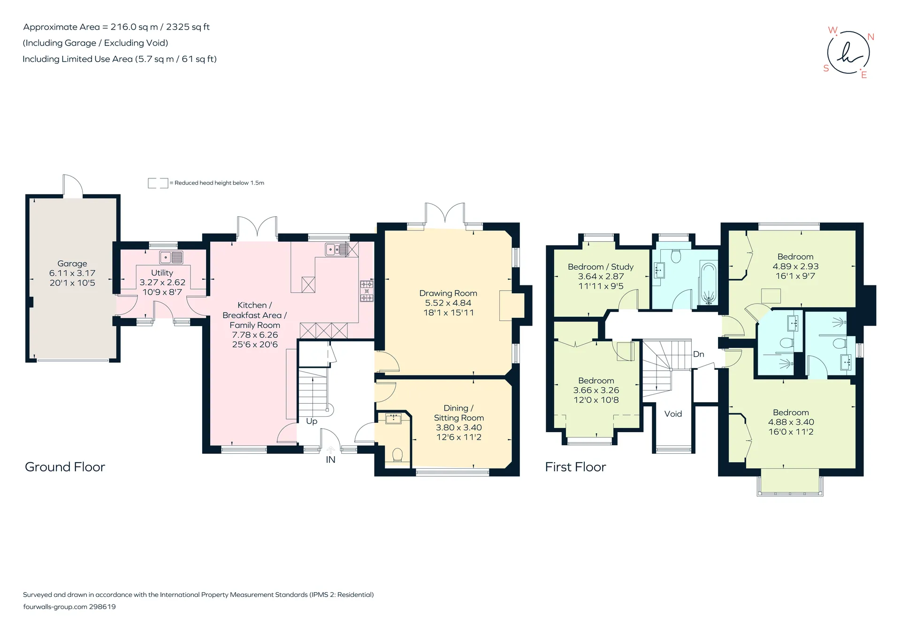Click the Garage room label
pos(72,264)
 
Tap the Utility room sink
pos(171,257)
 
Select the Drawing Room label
pos(448,293)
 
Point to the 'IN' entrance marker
pos(331,460)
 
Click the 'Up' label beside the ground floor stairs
pos(312,421)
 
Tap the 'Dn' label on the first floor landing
pos(699,354)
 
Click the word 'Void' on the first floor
pos(673,414)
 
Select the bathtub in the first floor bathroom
pos(708,285)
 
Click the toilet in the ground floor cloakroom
pos(397,455)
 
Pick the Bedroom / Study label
pos(601,267)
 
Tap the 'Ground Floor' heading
pos(65,467)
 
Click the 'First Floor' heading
pos(575,467)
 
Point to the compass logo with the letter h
pos(848,53)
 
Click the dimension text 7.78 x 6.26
pos(255,335)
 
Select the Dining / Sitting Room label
pos(458,413)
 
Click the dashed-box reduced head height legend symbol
pos(158,183)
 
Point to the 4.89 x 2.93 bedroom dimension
pos(795,266)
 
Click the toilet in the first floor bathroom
pos(676,256)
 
